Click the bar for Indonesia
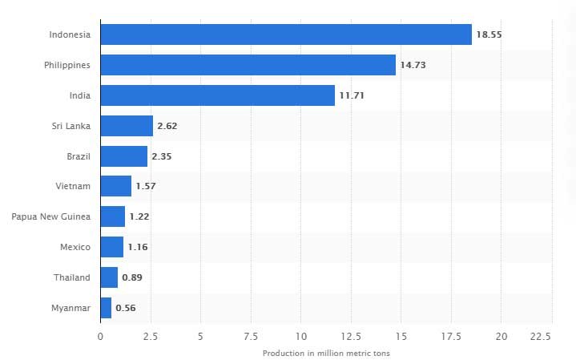[x=286, y=34]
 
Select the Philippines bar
[x=248, y=65]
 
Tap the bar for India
[x=218, y=95]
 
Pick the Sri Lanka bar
[x=127, y=126]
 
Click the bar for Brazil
[x=124, y=156]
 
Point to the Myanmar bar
[x=106, y=308]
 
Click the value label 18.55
[x=489, y=34]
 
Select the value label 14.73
[x=413, y=65]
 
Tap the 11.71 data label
[x=352, y=95]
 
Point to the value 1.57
[x=146, y=186]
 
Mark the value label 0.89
[x=132, y=277]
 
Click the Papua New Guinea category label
[x=51, y=216]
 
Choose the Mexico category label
[x=75, y=247]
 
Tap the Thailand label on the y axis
[x=71, y=277]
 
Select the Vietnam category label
[x=73, y=186]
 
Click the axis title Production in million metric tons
[x=326, y=353]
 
